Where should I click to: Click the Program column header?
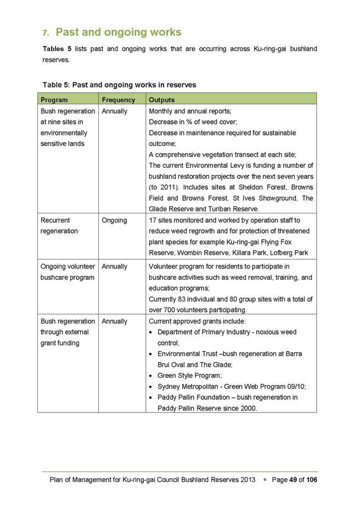click(54, 100)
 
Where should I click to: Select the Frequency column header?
click(118, 100)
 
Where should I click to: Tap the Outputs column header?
click(162, 100)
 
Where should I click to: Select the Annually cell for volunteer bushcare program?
click(115, 266)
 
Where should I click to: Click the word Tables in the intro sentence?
click(54, 49)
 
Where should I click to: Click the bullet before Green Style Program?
click(151, 376)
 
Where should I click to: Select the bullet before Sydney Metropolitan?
click(151, 387)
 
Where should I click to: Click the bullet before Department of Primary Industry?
click(151, 332)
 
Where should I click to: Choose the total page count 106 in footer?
click(312, 480)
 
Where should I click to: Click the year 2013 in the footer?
click(248, 480)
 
